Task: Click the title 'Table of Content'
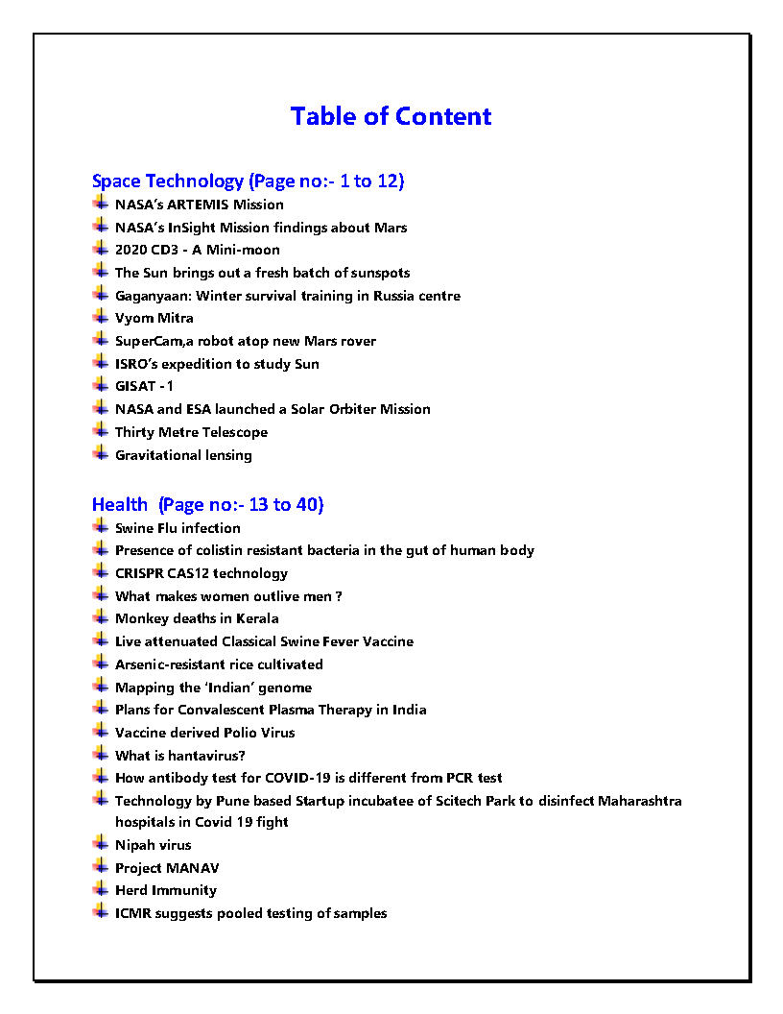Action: (391, 116)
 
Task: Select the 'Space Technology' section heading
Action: (168, 181)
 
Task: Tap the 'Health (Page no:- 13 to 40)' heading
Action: (207, 504)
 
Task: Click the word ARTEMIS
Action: (197, 205)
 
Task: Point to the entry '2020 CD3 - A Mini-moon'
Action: (197, 250)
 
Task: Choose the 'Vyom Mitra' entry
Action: (154, 318)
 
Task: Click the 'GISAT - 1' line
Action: (144, 386)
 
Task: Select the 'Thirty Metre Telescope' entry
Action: (191, 432)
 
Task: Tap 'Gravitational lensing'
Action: (183, 455)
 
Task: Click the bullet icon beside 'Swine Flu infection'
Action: (100, 527)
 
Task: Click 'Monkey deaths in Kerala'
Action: (197, 618)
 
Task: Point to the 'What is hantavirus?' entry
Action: (179, 756)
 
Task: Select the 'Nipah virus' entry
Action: (153, 845)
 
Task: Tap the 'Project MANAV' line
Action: (167, 868)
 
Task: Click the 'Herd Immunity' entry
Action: (165, 890)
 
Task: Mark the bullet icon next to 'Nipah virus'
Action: (100, 844)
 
